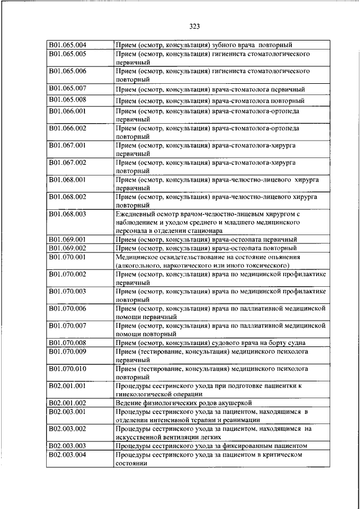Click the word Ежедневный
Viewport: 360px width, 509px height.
(x=134, y=214)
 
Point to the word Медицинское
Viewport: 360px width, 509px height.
(x=137, y=257)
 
